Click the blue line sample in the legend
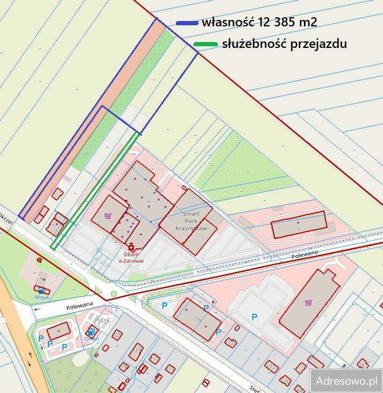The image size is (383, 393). click(187, 23)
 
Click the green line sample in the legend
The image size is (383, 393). click(205, 44)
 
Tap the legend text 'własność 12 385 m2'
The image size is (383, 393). click(259, 23)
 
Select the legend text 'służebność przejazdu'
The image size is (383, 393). click(284, 44)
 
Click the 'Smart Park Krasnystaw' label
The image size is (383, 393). click(191, 221)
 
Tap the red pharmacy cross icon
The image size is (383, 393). click(131, 247)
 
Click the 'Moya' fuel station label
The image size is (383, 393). click(42, 297)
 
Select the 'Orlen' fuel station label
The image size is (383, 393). click(91, 339)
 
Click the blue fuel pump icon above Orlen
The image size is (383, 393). click(91, 332)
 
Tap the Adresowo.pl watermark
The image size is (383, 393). click(346, 381)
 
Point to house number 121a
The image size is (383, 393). click(103, 320)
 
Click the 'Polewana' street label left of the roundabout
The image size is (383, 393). click(80, 305)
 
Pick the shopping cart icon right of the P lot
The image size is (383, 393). click(308, 303)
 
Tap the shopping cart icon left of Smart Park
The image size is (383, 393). click(108, 216)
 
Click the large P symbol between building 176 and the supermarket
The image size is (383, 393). click(254, 318)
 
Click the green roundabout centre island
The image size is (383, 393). click(114, 294)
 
